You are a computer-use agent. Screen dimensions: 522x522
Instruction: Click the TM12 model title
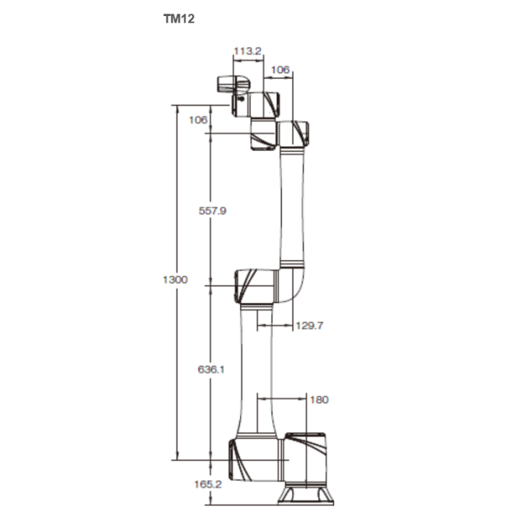[179, 19]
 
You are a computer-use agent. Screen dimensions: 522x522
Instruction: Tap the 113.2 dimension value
[247, 51]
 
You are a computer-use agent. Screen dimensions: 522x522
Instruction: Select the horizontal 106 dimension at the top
[280, 70]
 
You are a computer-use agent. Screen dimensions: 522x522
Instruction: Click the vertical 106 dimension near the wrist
[198, 120]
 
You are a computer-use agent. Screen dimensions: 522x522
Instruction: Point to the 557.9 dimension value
[212, 210]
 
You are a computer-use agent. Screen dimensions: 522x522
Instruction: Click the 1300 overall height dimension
[175, 279]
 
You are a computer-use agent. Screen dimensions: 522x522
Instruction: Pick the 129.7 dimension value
[309, 325]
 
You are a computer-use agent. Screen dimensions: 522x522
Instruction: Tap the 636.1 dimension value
[211, 369]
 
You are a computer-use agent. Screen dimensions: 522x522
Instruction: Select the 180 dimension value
[320, 399]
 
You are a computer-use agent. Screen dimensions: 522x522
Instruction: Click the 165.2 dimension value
[208, 484]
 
